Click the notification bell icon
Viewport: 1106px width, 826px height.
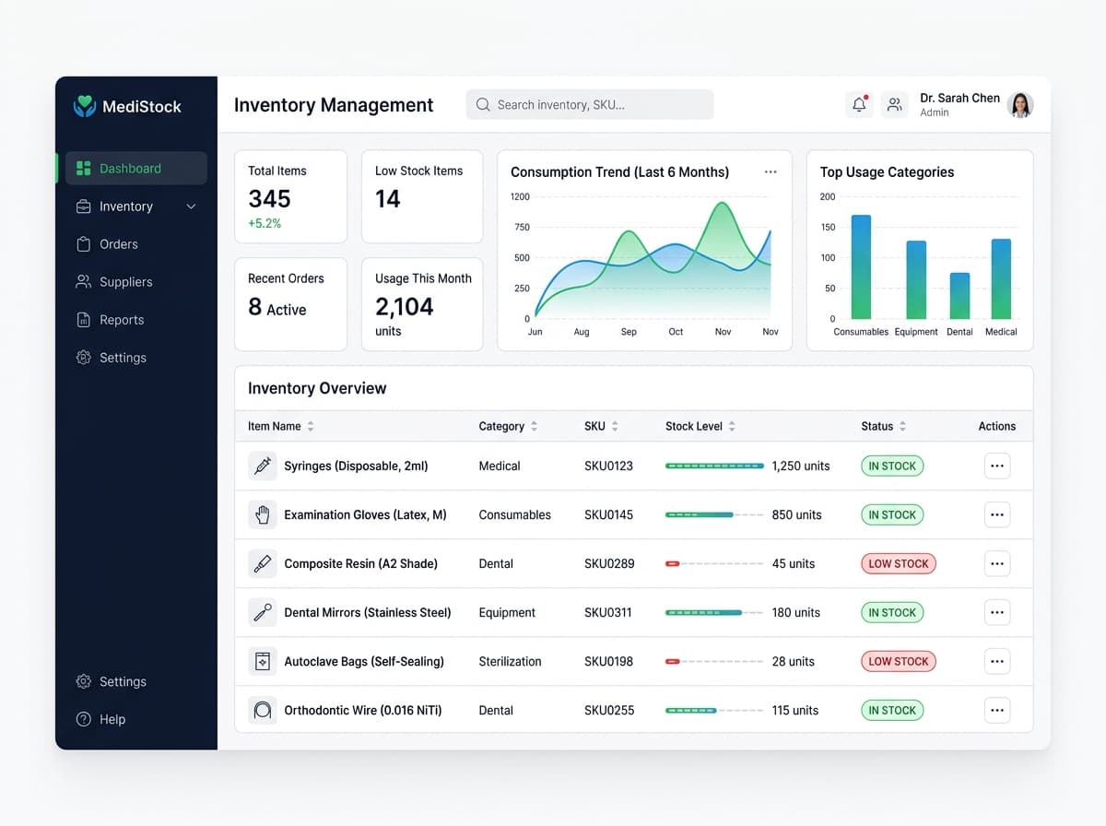pos(859,104)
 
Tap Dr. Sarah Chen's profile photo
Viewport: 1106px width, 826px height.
pos(1020,105)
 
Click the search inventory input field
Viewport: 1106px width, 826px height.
pos(590,104)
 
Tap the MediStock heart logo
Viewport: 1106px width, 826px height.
pos(84,106)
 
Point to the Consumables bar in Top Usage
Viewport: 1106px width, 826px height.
pos(861,267)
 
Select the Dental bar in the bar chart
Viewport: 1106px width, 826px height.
pos(959,296)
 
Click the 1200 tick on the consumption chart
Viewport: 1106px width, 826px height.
pos(520,196)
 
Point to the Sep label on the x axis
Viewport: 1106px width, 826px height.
pos(629,332)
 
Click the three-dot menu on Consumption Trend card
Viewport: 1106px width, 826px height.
pos(771,171)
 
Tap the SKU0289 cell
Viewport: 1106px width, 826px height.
pos(609,563)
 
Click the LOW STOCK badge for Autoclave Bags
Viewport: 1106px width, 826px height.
pos(899,661)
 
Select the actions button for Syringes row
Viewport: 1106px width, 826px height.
pos(997,466)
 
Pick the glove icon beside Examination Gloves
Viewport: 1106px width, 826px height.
pos(263,514)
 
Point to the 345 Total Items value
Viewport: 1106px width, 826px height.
pos(269,198)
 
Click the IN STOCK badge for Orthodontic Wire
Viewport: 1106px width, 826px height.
pos(892,710)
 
